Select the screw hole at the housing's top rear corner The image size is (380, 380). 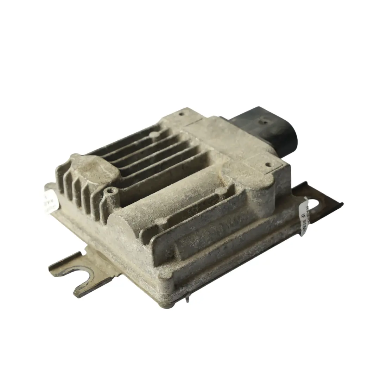pos(181,114)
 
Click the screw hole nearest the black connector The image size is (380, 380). pos(267,164)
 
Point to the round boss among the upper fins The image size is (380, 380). pos(153,134)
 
